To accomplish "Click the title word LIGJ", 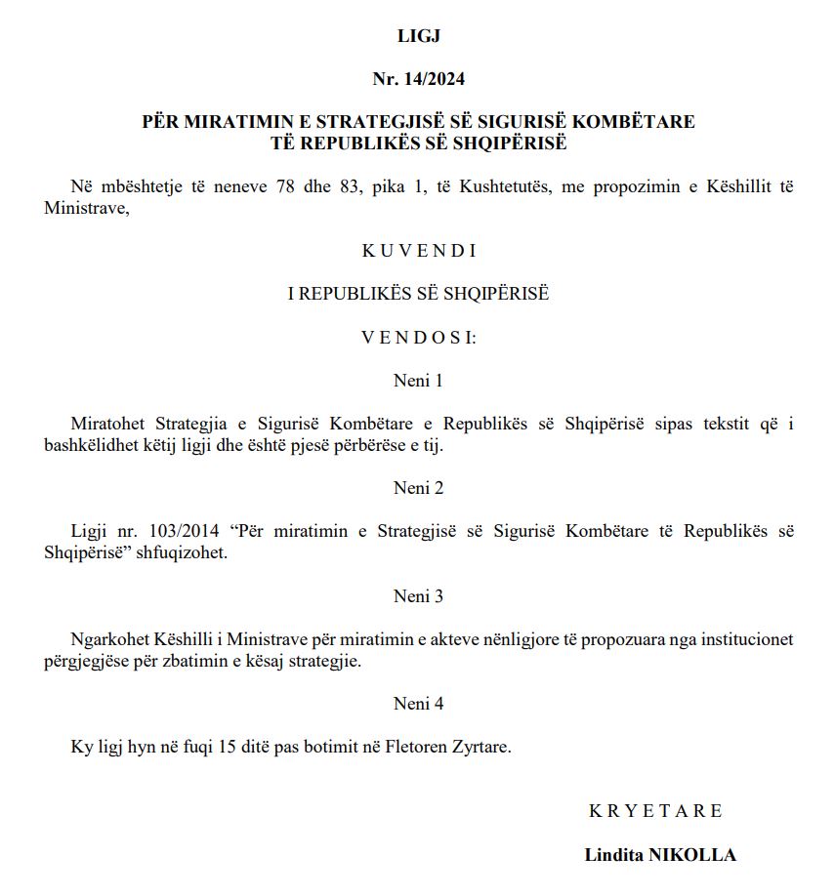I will click(x=419, y=37).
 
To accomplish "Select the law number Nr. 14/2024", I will click(x=419, y=79).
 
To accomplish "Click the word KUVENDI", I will click(x=419, y=251).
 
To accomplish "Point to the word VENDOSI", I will click(x=417, y=338).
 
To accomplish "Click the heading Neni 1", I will click(x=419, y=381).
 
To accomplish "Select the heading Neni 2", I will click(x=419, y=488).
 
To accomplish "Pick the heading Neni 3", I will click(x=419, y=595).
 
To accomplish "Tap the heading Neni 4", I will click(x=419, y=703).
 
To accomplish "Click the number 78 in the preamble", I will click(x=286, y=186).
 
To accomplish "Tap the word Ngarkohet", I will click(x=109, y=639).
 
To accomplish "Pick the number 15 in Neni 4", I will click(x=228, y=747).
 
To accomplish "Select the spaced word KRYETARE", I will click(x=655, y=811).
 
